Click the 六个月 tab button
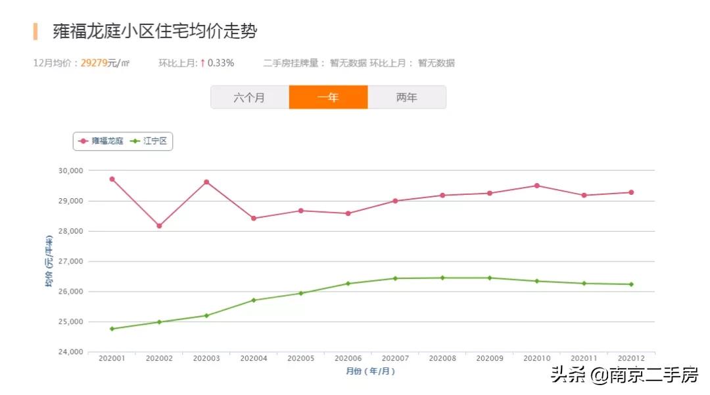tap(249, 97)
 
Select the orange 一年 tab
tap(328, 97)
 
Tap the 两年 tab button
tap(406, 97)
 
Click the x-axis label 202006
tap(348, 359)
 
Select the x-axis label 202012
tap(631, 359)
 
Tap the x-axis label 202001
tap(112, 359)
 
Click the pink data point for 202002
tap(159, 226)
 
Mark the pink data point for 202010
tap(536, 186)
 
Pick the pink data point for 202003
tap(206, 182)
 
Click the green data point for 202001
tap(112, 329)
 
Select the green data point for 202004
tap(254, 300)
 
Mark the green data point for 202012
tap(631, 284)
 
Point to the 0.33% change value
tap(221, 63)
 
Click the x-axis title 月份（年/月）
tap(371, 371)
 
